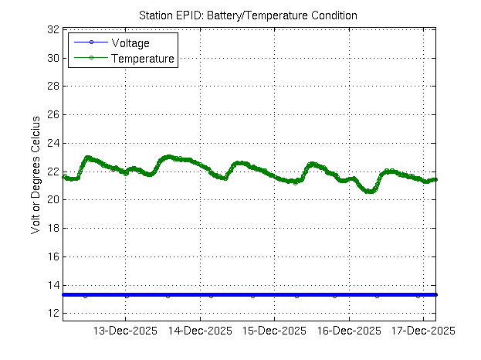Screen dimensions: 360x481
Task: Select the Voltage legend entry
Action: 130,42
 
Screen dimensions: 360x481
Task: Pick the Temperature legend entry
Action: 142,58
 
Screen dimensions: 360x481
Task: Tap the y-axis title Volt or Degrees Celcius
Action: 35,176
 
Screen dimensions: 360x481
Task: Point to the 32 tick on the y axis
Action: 53,29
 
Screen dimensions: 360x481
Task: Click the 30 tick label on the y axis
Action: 53,58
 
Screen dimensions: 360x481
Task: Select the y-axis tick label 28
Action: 53,87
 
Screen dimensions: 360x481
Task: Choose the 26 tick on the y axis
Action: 53,114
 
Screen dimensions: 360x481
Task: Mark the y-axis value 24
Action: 53,143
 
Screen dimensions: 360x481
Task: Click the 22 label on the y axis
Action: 53,172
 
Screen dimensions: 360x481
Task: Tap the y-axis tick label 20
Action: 53,200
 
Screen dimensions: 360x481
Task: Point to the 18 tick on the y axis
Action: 53,228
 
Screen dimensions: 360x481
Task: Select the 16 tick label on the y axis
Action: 53,256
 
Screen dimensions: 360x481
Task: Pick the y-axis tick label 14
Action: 53,285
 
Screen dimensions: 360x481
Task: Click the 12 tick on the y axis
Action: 53,314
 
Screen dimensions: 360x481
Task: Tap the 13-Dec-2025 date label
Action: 125,331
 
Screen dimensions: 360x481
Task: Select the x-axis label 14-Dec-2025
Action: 200,331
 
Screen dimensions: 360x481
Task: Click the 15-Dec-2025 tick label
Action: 274,331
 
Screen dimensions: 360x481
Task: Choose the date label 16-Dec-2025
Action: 348,331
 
